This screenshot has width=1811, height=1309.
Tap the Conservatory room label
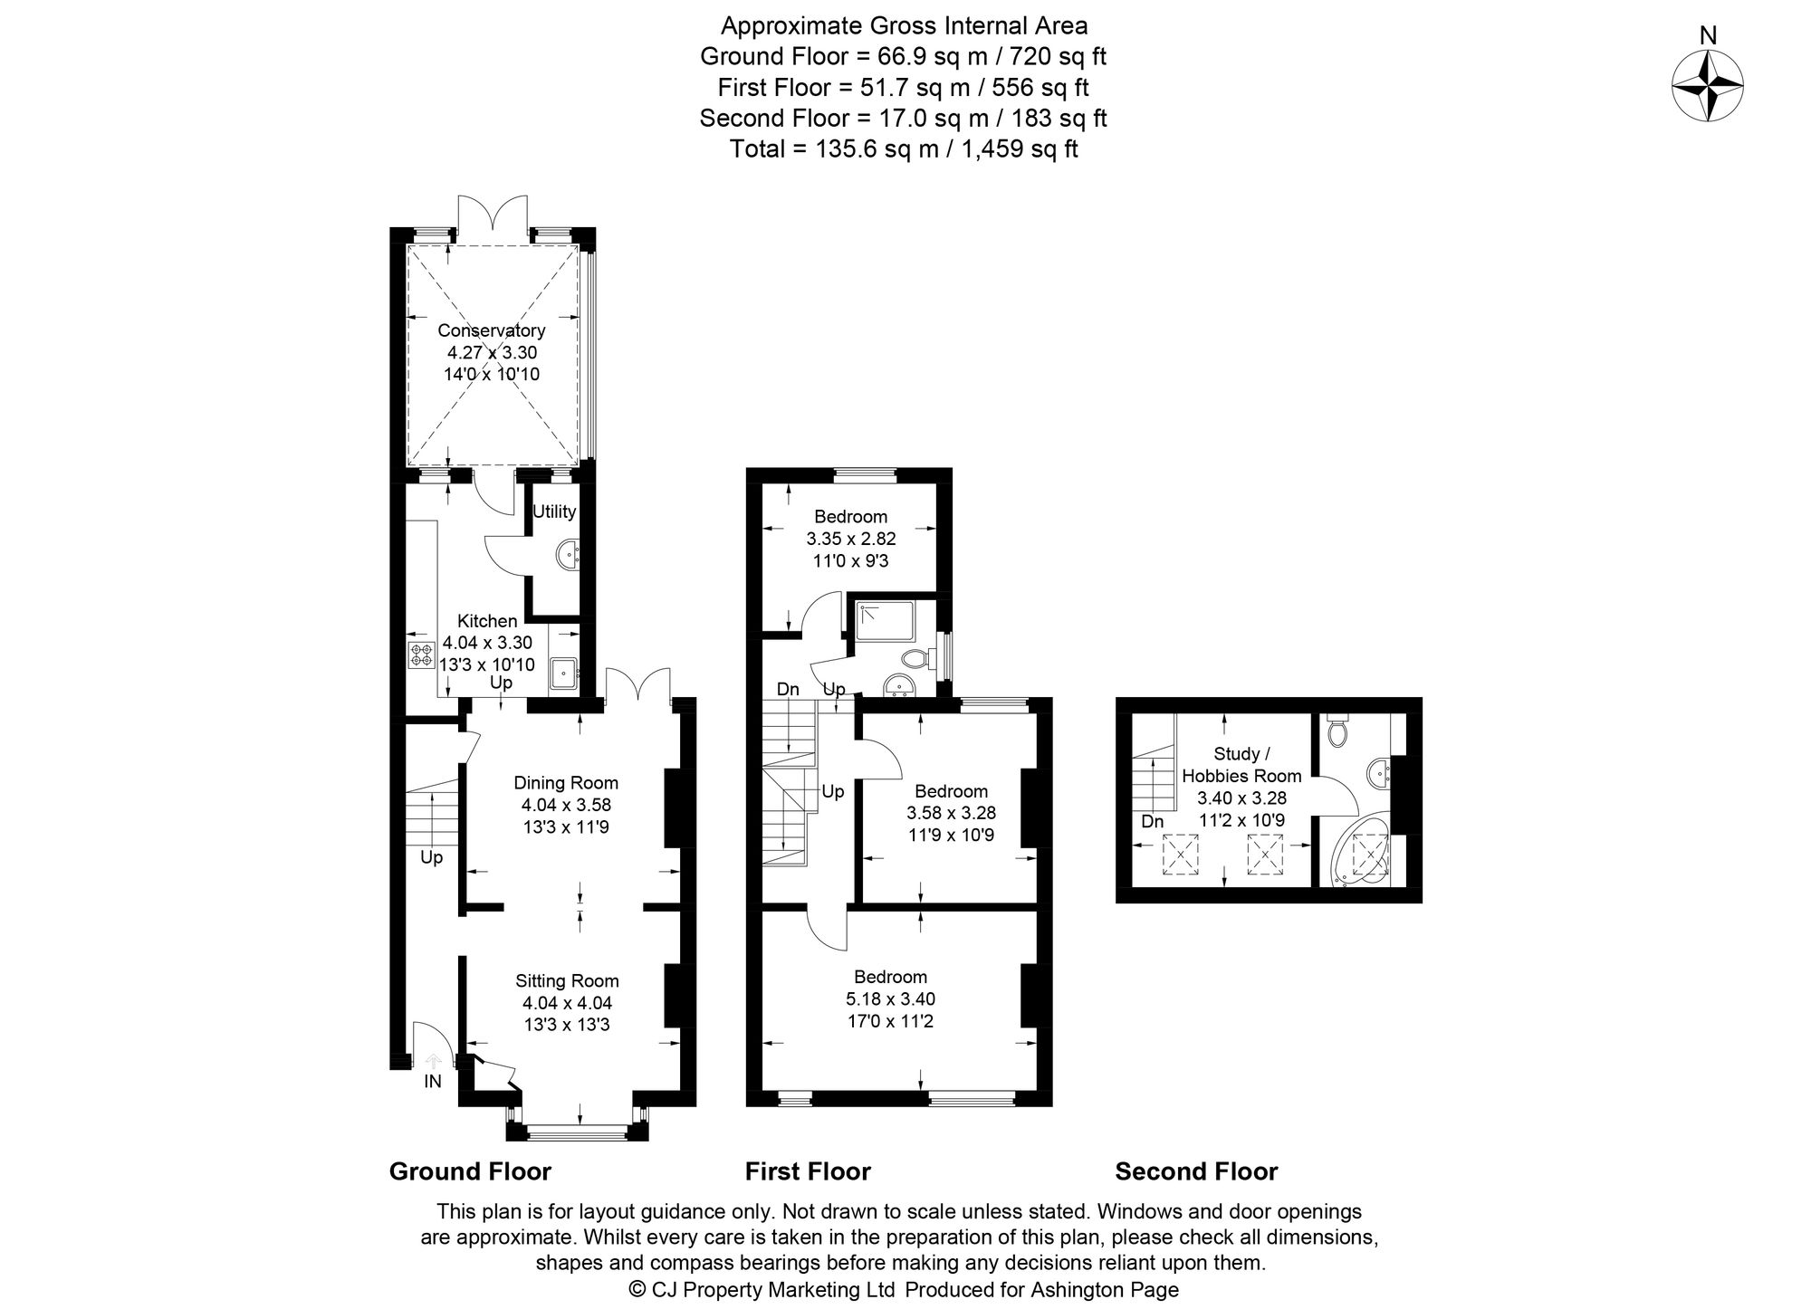[x=491, y=330]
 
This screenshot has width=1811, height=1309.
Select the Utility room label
[x=553, y=511]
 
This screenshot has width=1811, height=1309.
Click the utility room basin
[x=569, y=553]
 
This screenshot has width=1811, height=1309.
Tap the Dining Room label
[x=566, y=783]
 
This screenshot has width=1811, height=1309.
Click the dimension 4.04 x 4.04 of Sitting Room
[x=567, y=1003]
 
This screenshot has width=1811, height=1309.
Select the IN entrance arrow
[x=433, y=1061]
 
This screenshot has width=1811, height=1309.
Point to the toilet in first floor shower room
[x=918, y=658]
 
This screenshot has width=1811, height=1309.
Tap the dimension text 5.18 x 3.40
[x=889, y=999]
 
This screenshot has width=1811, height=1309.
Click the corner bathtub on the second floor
[x=1361, y=853]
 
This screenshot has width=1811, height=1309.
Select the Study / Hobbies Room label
[x=1241, y=765]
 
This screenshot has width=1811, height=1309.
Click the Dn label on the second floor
[x=1152, y=822]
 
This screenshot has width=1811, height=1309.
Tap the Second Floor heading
[x=1195, y=1171]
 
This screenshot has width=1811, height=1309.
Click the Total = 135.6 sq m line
[x=903, y=149]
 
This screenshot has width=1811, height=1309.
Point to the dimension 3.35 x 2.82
[x=850, y=539]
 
